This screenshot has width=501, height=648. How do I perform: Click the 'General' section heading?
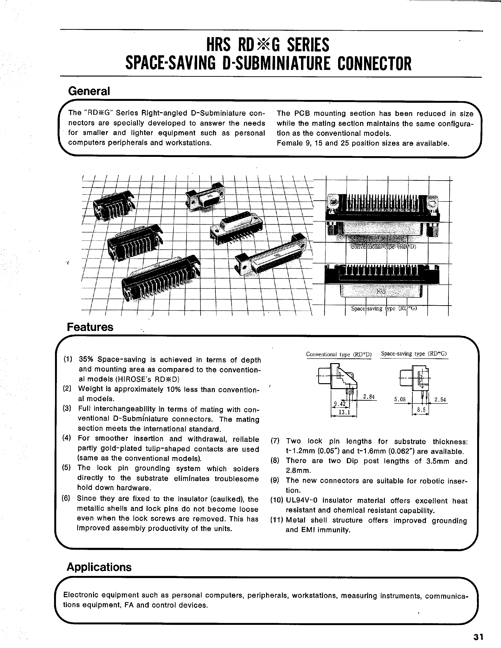click(89, 91)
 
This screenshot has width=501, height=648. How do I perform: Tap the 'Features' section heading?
click(90, 327)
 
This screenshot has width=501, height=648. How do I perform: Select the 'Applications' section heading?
click(99, 567)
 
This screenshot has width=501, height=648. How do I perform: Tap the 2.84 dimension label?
click(369, 397)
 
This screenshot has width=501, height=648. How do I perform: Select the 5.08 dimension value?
click(400, 399)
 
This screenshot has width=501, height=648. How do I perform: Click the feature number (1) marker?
click(68, 359)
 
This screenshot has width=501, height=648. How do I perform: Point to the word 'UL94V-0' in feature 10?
click(301, 501)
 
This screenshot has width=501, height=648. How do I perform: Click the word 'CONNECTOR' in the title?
click(374, 64)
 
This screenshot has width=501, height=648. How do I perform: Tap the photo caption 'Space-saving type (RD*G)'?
click(384, 308)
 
